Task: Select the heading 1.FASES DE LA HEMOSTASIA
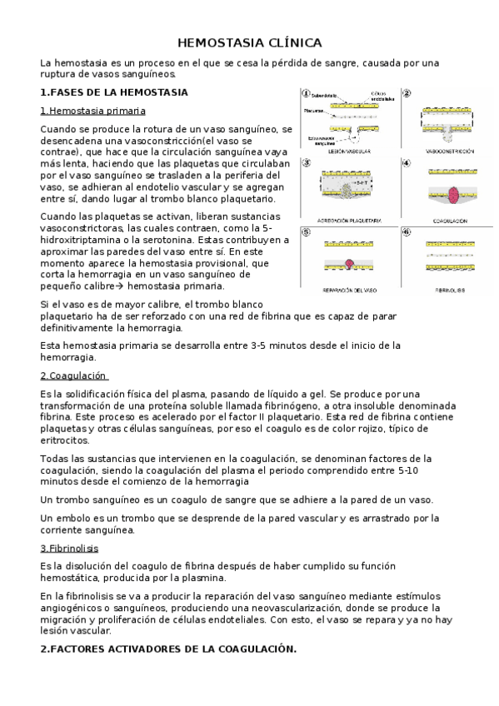pyautogui.click(x=114, y=92)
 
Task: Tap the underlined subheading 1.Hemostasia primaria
pyautogui.click(x=92, y=111)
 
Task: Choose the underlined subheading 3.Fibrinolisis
pyautogui.click(x=69, y=548)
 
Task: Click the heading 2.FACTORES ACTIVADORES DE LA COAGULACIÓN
pyautogui.click(x=167, y=648)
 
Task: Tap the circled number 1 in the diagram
pyautogui.click(x=307, y=93)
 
